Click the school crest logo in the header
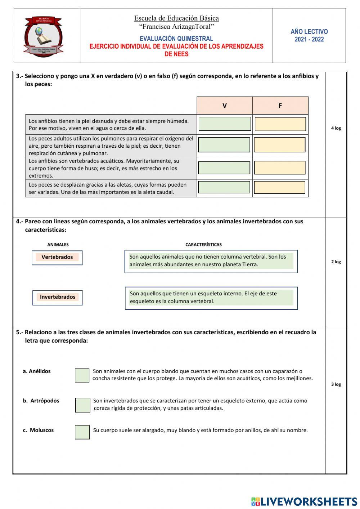click(x=43, y=36)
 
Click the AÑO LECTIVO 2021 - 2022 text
click(x=309, y=35)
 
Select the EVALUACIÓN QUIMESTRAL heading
click(x=176, y=39)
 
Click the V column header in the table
click(x=224, y=106)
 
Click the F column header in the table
click(x=280, y=106)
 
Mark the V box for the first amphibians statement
click(x=225, y=124)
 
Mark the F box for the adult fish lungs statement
click(x=280, y=145)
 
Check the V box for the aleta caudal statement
click(x=224, y=187)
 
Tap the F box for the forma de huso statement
click(x=280, y=168)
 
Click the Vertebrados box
click(x=57, y=258)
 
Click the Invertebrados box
click(x=58, y=298)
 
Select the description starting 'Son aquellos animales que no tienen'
click(x=211, y=261)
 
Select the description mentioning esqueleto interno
click(x=211, y=298)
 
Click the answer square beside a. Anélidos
click(x=82, y=375)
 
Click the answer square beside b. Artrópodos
click(x=83, y=405)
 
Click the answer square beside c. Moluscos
click(x=82, y=432)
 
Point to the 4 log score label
click(x=336, y=128)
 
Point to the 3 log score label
click(x=336, y=384)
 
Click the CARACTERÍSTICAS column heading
click(x=203, y=245)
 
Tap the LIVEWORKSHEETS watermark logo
click(x=304, y=501)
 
